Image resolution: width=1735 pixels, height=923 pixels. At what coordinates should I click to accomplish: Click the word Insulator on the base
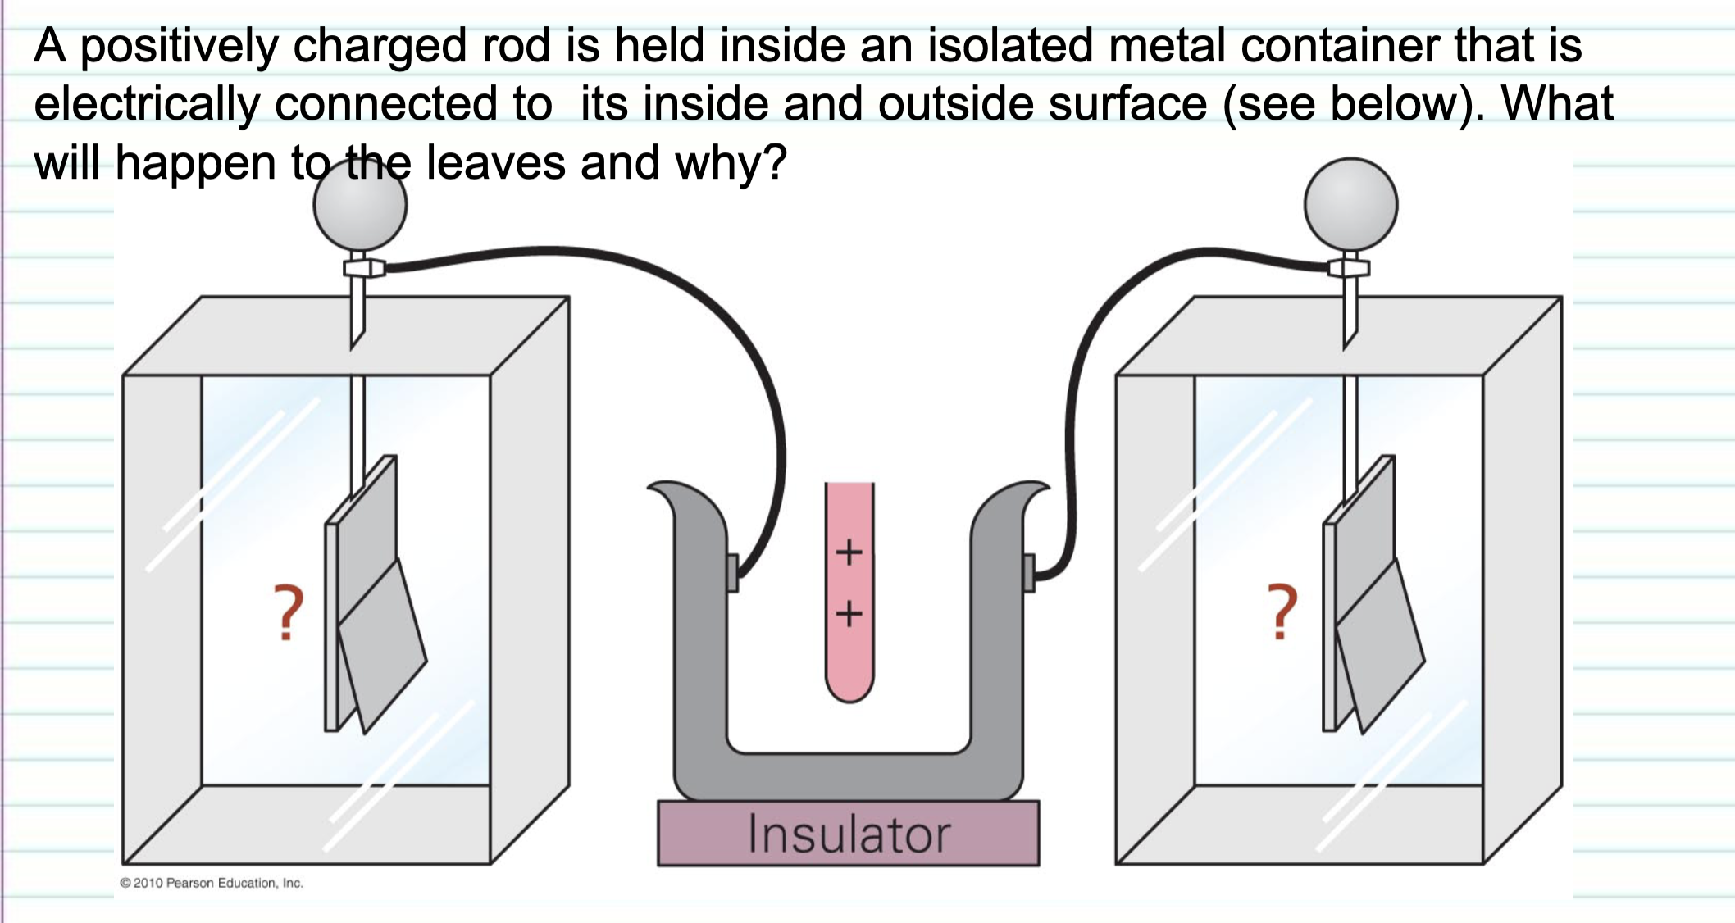[x=849, y=834]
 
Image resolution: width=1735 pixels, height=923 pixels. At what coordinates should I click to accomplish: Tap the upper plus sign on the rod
[x=849, y=552]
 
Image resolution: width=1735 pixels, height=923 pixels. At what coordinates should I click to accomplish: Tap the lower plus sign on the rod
[x=849, y=613]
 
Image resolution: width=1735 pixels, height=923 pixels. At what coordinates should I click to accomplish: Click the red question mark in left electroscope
[x=288, y=612]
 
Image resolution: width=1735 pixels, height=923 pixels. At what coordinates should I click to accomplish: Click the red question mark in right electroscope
[x=1282, y=612]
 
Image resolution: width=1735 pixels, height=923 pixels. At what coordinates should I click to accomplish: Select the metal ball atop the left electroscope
[x=360, y=205]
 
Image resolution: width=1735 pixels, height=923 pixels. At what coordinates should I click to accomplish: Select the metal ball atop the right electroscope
[x=1350, y=205]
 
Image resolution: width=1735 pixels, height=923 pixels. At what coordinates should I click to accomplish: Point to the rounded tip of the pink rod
[x=849, y=689]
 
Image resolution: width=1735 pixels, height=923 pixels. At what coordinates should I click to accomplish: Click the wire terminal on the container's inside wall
[x=733, y=571]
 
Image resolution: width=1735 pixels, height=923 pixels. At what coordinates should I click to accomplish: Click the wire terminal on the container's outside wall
[x=1029, y=571]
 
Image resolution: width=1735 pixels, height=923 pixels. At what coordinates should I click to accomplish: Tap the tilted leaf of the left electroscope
[x=382, y=648]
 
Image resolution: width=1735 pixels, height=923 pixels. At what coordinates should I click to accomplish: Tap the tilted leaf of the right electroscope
[x=1380, y=648]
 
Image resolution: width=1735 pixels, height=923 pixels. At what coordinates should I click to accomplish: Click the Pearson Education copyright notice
[x=212, y=883]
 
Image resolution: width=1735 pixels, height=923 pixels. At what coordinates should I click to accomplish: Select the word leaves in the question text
[x=495, y=162]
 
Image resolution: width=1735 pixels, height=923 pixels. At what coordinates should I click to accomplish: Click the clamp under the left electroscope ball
[x=363, y=268]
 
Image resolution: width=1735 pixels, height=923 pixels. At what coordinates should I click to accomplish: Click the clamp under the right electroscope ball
[x=1349, y=268]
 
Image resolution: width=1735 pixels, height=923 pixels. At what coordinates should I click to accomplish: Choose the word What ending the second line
[x=1556, y=104]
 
